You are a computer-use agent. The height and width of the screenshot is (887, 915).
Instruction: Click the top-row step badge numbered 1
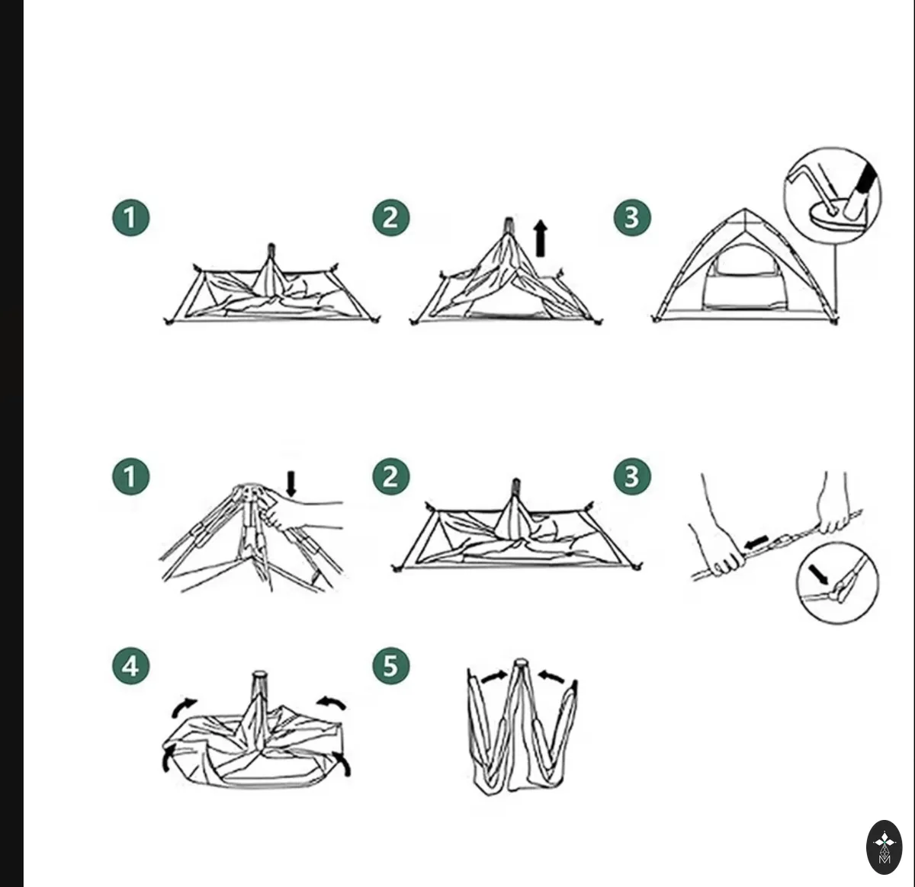point(130,218)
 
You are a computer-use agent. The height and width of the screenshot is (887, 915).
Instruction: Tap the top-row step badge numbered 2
point(390,218)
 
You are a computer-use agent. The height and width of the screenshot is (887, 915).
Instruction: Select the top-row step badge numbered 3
point(632,218)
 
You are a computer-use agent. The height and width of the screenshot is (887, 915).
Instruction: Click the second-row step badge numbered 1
point(130,476)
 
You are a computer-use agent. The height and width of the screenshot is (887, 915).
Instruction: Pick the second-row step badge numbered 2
point(390,476)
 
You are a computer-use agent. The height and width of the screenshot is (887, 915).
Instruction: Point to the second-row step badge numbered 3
point(632,476)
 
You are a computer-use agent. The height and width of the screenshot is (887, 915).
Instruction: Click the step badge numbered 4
point(130,666)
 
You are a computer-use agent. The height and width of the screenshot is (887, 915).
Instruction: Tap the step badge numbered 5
point(390,666)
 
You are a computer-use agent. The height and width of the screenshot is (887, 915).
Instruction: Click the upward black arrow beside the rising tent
point(541,239)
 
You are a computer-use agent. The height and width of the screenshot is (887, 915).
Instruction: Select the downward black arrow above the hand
point(291,484)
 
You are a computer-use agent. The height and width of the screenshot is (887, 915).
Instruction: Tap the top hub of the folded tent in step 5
point(519,663)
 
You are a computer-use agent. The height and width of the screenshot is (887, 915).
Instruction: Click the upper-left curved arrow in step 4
point(183,707)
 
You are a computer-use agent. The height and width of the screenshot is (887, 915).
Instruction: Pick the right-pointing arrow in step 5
point(493,677)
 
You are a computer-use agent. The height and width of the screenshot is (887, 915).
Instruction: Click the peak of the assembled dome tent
point(745,210)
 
